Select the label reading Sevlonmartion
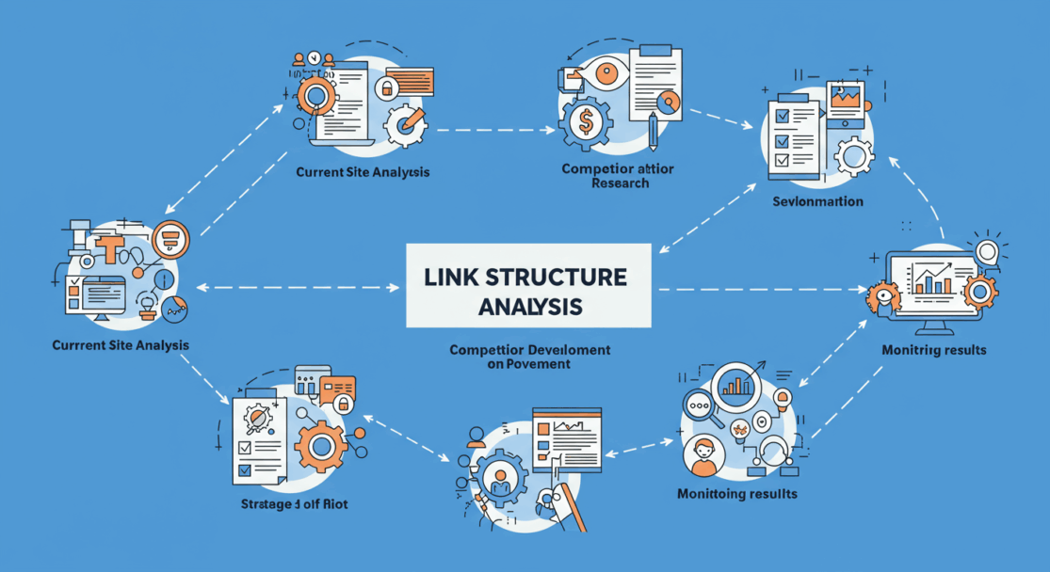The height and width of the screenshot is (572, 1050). tap(817, 201)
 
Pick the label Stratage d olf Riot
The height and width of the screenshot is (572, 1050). tap(294, 505)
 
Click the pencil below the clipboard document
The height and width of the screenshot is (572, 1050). tap(653, 131)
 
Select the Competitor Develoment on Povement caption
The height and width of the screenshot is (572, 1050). tap(530, 357)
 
